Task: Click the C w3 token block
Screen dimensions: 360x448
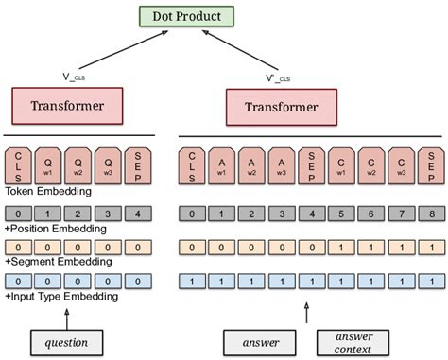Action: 403,165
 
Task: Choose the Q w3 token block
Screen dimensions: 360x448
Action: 107,165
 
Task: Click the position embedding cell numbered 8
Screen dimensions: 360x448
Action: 431,214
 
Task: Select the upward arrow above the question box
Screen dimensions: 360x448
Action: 63,314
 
